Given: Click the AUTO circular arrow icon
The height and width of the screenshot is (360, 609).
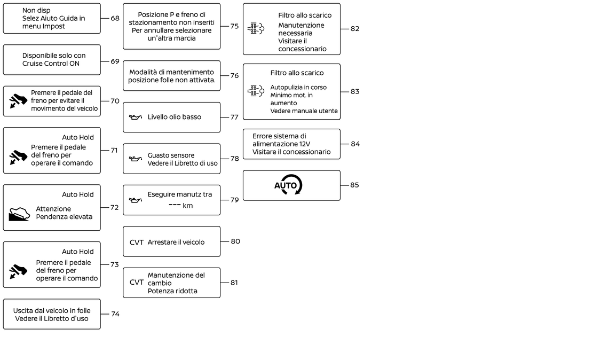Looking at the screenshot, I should (x=289, y=185).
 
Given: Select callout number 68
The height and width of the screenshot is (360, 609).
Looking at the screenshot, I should (x=115, y=18).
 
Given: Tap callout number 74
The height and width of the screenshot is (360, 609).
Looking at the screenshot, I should (x=115, y=314).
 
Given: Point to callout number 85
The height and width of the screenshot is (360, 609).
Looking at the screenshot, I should (x=355, y=185).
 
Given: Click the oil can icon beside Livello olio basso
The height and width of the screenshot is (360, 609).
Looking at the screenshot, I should (x=136, y=117).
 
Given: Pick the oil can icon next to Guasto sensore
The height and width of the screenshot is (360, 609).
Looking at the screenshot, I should (x=136, y=159).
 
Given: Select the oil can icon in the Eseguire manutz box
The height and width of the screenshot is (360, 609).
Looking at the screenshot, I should (x=136, y=200).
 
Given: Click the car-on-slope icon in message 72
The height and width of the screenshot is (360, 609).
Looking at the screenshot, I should (x=19, y=214).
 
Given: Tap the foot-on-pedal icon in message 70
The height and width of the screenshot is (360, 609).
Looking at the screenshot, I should (x=18, y=101).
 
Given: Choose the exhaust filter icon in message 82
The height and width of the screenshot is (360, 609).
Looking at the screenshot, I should (x=256, y=29).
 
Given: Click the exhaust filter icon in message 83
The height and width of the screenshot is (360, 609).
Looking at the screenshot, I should (x=256, y=91).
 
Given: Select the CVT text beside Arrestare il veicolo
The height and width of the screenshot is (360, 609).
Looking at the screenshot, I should (x=137, y=242).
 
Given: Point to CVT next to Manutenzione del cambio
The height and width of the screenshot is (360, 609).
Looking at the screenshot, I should (x=137, y=283).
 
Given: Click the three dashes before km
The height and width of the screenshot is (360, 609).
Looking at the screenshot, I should (x=174, y=206).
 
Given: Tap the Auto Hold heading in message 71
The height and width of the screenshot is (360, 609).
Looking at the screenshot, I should (x=78, y=137).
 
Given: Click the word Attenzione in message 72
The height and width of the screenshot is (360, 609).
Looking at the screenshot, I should (x=53, y=209).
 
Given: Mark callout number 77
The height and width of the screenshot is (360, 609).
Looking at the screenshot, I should (x=234, y=117).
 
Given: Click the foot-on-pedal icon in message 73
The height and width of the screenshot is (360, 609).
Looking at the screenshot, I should (x=18, y=271).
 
